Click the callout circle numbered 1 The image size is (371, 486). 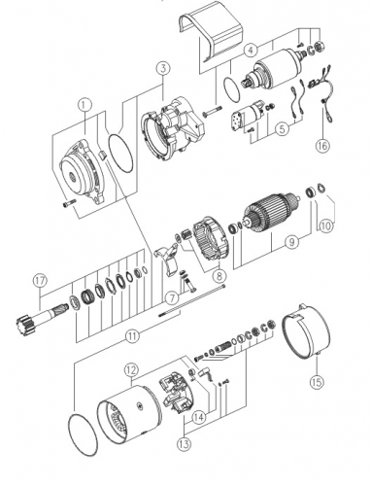tap(84, 105)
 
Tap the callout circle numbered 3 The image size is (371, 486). tap(163, 68)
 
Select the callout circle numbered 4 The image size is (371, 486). tap(251, 51)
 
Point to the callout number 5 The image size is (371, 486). tap(283, 129)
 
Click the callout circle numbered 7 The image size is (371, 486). tap(172, 297)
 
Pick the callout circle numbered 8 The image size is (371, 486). tap(219, 275)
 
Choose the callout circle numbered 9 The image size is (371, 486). tap(292, 242)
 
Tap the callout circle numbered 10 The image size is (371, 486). tap(326, 226)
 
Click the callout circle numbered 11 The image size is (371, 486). tap(132, 336)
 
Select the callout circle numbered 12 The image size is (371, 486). tap(131, 370)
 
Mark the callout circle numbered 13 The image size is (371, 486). tap(184, 444)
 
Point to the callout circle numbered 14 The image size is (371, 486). tap(199, 417)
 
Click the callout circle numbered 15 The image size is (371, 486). tap(317, 382)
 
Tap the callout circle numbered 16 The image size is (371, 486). tap(322, 146)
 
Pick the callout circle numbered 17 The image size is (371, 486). tap(40, 281)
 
